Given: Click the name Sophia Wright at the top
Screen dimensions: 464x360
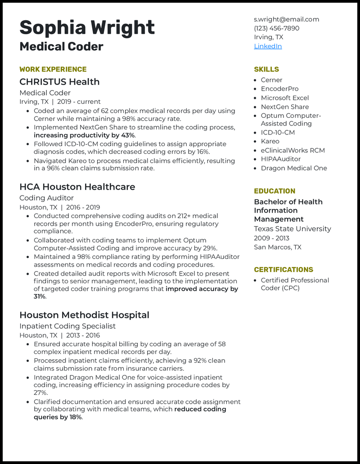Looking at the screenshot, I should click(87, 27).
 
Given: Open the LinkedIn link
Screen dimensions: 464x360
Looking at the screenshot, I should click(268, 46).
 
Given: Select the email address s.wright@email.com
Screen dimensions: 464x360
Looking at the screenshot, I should click(286, 19).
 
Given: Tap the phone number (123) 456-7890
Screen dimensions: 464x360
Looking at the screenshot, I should click(276, 28).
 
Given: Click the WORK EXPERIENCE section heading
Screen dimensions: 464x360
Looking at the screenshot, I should click(53, 69).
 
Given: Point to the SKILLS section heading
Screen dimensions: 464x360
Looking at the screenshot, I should click(266, 69).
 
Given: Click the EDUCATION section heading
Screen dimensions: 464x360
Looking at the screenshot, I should click(274, 191).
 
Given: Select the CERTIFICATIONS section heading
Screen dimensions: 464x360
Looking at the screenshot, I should click(283, 270).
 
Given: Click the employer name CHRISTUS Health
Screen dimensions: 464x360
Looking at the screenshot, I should click(59, 82).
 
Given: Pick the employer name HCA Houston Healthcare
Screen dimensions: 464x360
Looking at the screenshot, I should click(77, 187).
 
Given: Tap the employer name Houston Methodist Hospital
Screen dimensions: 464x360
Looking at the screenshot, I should click(84, 315).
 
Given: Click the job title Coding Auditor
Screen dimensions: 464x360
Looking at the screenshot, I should click(46, 198).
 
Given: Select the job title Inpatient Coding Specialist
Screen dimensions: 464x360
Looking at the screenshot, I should click(67, 326).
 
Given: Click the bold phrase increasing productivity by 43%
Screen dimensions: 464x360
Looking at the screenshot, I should click(84, 135).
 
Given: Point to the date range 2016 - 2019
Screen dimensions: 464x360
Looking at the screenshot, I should click(83, 207).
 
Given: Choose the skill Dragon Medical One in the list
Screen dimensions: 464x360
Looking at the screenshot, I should click(294, 168).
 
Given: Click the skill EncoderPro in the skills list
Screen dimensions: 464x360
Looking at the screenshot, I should click(279, 89).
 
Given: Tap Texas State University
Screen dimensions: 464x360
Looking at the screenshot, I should click(292, 229).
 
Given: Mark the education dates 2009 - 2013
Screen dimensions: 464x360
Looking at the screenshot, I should click(271, 238).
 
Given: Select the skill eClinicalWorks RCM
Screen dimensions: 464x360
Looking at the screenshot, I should click(292, 150).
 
